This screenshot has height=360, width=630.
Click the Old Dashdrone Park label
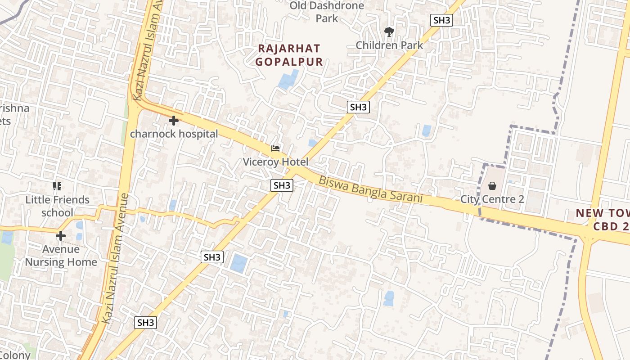coord(327,12)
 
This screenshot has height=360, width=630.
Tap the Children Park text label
coord(389,45)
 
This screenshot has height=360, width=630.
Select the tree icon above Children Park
coord(389,31)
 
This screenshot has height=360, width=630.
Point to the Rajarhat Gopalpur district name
coord(289,55)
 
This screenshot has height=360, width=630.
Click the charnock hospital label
coord(174,134)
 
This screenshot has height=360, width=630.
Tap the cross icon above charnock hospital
coord(173,121)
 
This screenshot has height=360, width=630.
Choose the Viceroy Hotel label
coord(275,162)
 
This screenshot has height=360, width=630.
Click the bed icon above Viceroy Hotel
coord(275,148)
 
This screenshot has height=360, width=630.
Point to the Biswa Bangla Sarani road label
coord(371,189)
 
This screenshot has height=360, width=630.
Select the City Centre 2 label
coord(492,199)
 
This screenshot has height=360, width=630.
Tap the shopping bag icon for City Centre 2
coord(492,186)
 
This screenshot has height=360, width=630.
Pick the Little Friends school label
coord(57,206)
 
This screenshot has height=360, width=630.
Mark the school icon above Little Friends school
coord(57,186)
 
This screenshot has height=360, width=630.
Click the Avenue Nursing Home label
coord(61,255)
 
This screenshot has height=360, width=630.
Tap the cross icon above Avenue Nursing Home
coord(60,236)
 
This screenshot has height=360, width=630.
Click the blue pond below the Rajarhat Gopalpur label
coord(288,79)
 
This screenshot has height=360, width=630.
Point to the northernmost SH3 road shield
coord(441,20)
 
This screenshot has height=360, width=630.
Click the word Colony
coord(15,355)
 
